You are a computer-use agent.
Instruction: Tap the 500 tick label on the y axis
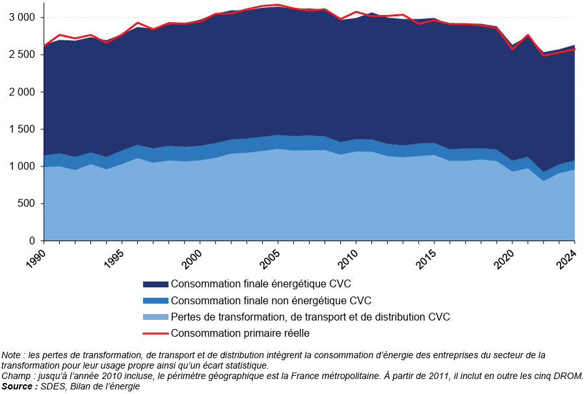point(27,204)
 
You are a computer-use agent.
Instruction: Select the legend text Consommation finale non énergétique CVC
point(271,300)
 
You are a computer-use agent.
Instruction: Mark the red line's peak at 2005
point(278,5)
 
